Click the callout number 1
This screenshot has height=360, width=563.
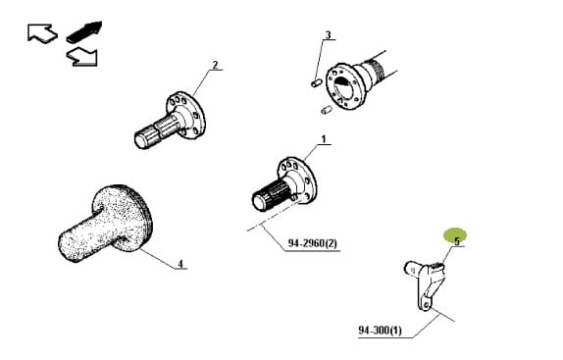[324, 139]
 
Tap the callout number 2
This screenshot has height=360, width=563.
[215, 65]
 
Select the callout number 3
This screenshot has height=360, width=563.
[328, 34]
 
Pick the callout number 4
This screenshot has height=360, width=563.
[180, 264]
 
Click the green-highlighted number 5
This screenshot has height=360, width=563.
[457, 241]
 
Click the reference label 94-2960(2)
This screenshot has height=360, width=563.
[312, 243]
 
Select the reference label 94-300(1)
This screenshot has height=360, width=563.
[380, 330]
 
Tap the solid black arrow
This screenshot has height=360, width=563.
[84, 31]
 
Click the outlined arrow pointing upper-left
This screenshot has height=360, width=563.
[42, 33]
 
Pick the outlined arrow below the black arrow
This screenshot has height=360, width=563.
[82, 58]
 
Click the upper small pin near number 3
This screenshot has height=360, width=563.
[316, 83]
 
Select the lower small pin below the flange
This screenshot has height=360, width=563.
[326, 110]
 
